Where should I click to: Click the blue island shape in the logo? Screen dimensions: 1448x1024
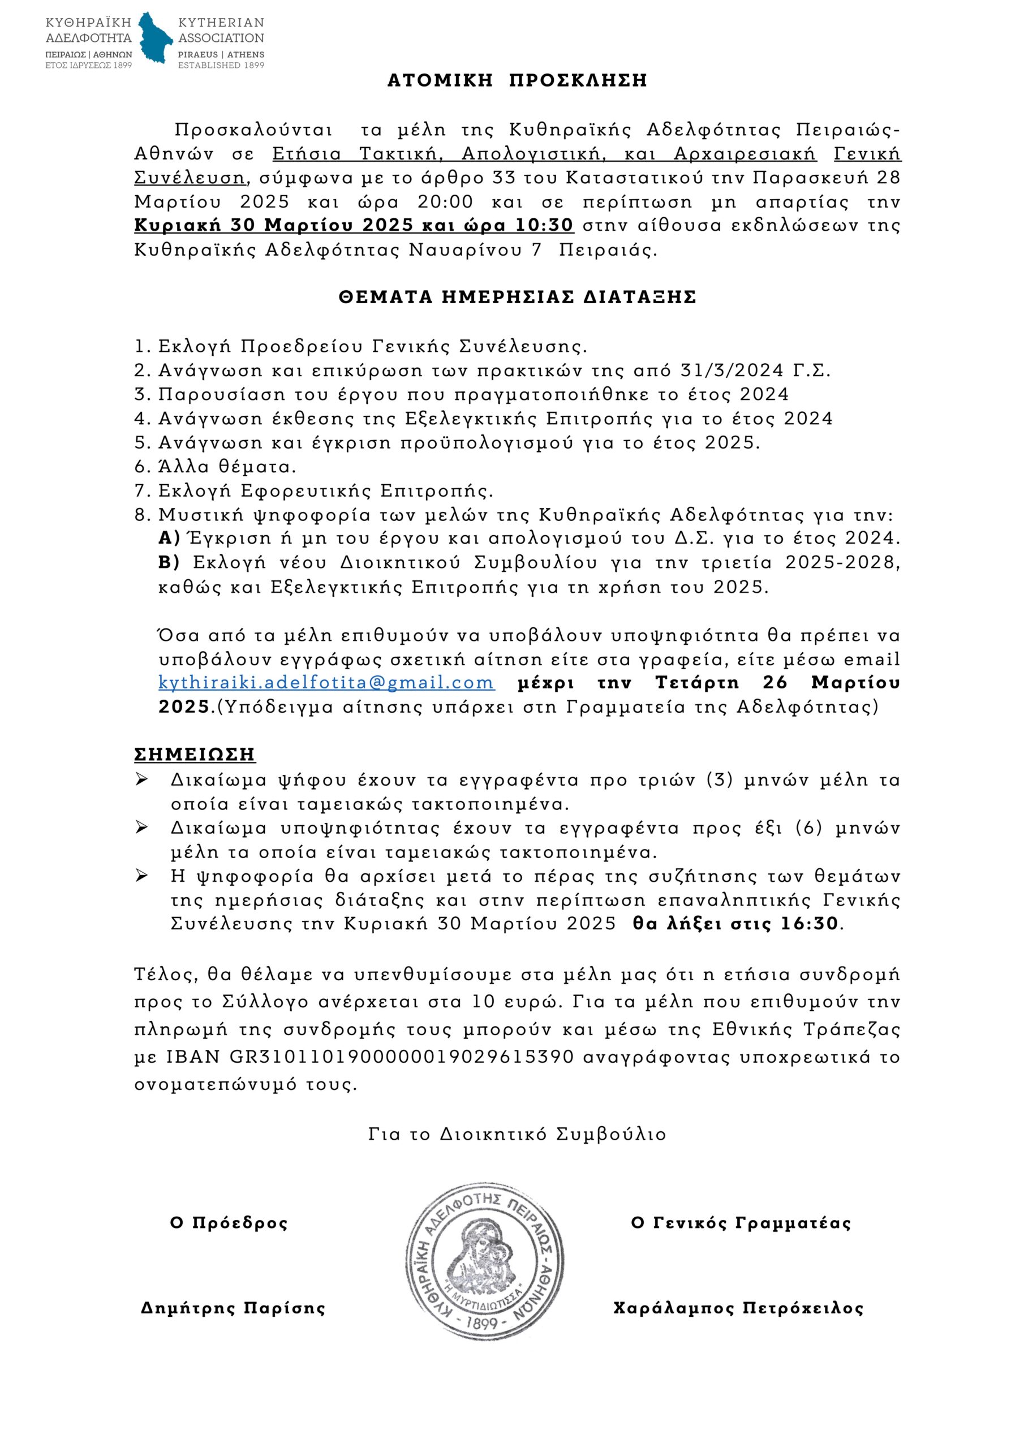click(x=155, y=38)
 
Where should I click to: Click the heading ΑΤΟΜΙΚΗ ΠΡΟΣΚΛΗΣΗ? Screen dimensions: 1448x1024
click(x=517, y=81)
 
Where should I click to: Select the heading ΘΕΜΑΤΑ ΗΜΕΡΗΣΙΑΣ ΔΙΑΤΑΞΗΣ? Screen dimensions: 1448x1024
click(x=517, y=297)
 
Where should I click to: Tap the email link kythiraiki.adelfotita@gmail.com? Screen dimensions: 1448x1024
click(x=326, y=682)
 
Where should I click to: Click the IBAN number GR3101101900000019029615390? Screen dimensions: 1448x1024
click(x=401, y=1057)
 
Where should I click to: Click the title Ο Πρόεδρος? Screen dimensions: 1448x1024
click(x=229, y=1223)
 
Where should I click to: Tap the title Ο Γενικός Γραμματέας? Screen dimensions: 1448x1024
click(x=741, y=1223)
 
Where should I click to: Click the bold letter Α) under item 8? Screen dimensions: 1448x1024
click(x=169, y=538)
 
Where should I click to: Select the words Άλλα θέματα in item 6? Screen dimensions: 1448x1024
click(x=226, y=467)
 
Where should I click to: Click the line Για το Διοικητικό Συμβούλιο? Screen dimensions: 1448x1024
click(x=517, y=1134)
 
